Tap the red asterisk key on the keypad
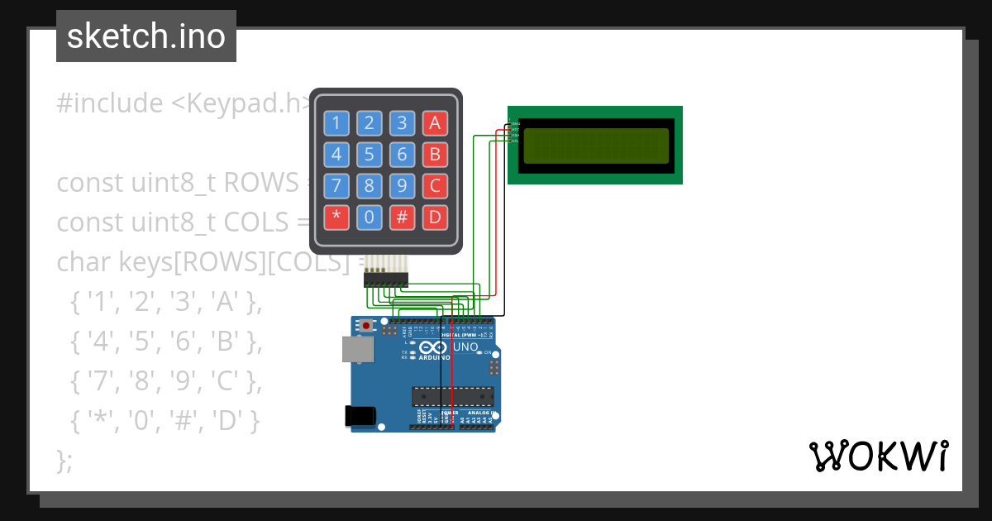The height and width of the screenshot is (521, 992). (336, 217)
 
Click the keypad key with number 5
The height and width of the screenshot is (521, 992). (369, 155)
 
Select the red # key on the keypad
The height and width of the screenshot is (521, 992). (402, 217)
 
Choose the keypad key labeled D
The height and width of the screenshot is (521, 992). (435, 217)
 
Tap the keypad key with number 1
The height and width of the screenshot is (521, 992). (336, 124)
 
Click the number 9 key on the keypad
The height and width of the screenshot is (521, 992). (402, 186)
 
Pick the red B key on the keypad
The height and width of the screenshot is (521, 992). (435, 155)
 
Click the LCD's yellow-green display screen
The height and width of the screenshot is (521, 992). (595, 146)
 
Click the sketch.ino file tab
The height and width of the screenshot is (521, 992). (146, 36)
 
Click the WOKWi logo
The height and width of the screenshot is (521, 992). (878, 456)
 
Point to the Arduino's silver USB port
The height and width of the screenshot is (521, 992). (356, 349)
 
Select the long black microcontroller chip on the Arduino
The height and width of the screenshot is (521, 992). (453, 397)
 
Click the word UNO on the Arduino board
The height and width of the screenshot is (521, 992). (466, 347)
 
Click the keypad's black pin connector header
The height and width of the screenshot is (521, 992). (386, 281)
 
